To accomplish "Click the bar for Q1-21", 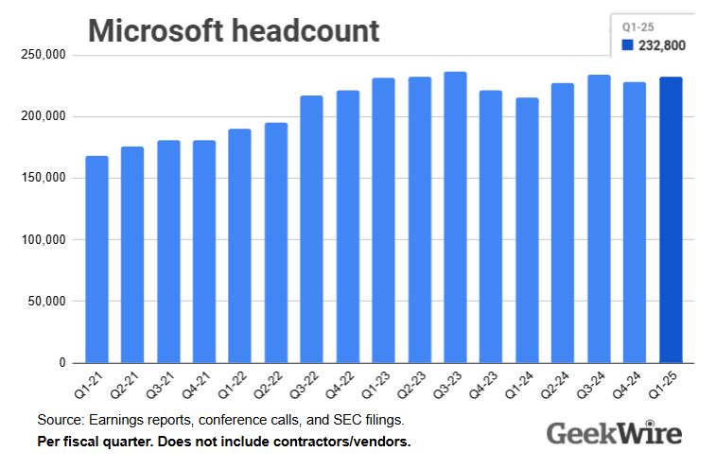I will click(x=96, y=260).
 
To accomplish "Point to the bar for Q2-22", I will click(x=276, y=243).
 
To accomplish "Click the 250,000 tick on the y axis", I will click(x=43, y=55).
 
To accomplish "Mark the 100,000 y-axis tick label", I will click(x=43, y=240).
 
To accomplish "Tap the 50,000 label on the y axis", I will click(x=45, y=302).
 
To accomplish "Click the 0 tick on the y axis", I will click(x=61, y=363).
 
